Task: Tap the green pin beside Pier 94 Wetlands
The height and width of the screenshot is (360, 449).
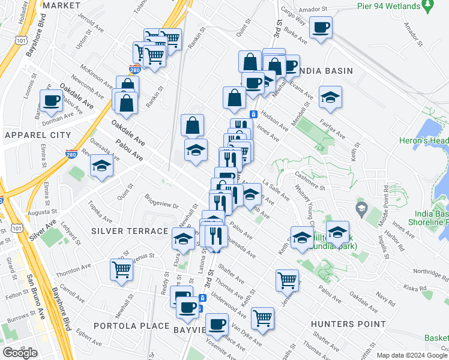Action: [x=427, y=7]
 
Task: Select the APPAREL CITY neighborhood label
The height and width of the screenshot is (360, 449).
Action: [x=37, y=136]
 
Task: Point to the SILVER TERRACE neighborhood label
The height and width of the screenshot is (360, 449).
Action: [x=130, y=231]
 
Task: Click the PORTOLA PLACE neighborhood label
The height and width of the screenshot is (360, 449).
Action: [x=131, y=325]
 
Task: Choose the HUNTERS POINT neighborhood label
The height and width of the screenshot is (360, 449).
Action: [x=348, y=324]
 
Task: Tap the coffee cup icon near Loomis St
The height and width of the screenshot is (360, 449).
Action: [x=52, y=100]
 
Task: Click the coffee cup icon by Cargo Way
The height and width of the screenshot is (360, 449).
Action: [x=321, y=27]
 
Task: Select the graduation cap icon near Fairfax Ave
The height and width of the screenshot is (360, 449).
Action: [x=330, y=97]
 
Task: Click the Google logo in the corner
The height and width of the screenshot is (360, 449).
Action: [x=20, y=353]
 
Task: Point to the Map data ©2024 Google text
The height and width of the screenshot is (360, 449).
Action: [x=412, y=355]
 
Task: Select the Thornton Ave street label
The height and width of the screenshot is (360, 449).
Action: [x=74, y=271]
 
